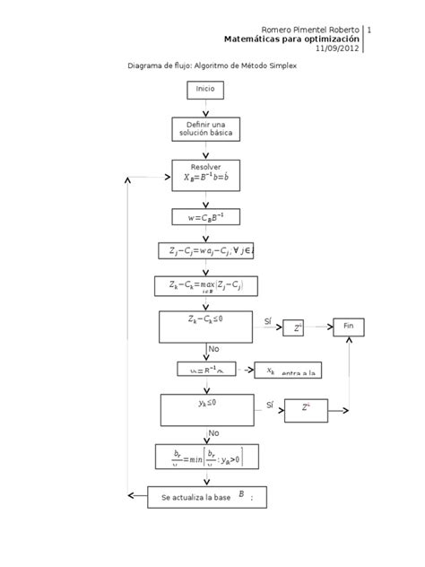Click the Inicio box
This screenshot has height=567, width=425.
[x=205, y=90]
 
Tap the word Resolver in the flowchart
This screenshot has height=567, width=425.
[x=205, y=167]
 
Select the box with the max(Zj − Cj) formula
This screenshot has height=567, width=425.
[x=205, y=286]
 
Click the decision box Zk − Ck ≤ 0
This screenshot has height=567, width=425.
[x=205, y=327]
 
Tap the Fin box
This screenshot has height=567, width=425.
[x=349, y=327]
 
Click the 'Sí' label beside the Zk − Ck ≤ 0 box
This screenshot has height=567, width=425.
[x=267, y=321]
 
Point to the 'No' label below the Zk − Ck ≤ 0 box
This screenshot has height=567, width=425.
[x=213, y=349]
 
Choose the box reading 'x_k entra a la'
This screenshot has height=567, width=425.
[x=289, y=371]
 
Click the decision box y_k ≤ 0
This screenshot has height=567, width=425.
[x=206, y=409]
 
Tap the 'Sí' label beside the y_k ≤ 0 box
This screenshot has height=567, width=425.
[x=270, y=406]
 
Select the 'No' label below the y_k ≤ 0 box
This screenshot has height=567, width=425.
[x=213, y=432]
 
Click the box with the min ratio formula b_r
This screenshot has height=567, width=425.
[x=206, y=457]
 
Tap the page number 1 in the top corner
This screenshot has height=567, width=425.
[x=369, y=30]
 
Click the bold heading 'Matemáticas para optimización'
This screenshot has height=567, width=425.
[x=291, y=39]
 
